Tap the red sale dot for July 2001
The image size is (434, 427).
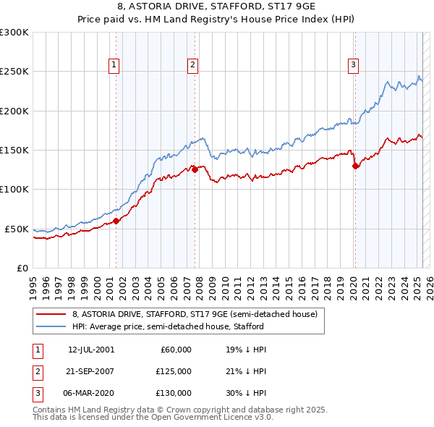[116, 221]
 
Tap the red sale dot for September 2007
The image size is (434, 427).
[195, 170]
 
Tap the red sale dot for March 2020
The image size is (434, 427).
[355, 166]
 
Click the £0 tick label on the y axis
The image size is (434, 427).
[22, 268]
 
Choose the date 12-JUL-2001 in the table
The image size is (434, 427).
[91, 350]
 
